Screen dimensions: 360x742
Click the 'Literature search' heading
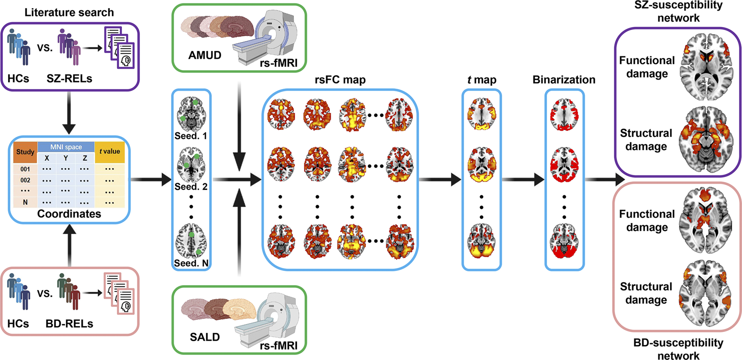pos(69,12)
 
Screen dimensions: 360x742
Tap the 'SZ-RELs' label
pos(69,79)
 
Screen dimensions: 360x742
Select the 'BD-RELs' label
pos(69,323)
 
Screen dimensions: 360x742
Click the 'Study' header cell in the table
pos(25,152)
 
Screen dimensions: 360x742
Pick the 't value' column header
pos(110,152)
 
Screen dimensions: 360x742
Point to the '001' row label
pos(25,169)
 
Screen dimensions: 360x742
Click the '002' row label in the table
pos(25,180)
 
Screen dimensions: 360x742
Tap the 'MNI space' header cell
pos(66,147)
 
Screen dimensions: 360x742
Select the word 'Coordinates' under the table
pos(69,214)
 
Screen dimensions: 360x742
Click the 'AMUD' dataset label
pos(205,55)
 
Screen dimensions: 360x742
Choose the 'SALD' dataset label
pos(205,337)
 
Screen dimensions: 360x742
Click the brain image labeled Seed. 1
pos(191,114)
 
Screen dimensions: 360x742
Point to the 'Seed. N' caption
pos(191,263)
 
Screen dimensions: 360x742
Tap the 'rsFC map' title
pos(340,80)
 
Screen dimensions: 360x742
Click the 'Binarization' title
pos(564,80)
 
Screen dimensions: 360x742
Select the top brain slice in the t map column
pos(481,114)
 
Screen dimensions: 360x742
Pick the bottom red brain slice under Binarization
pos(564,241)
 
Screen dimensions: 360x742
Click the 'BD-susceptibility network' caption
pos(678,349)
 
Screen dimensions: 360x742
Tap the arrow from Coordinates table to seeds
pos(150,179)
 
